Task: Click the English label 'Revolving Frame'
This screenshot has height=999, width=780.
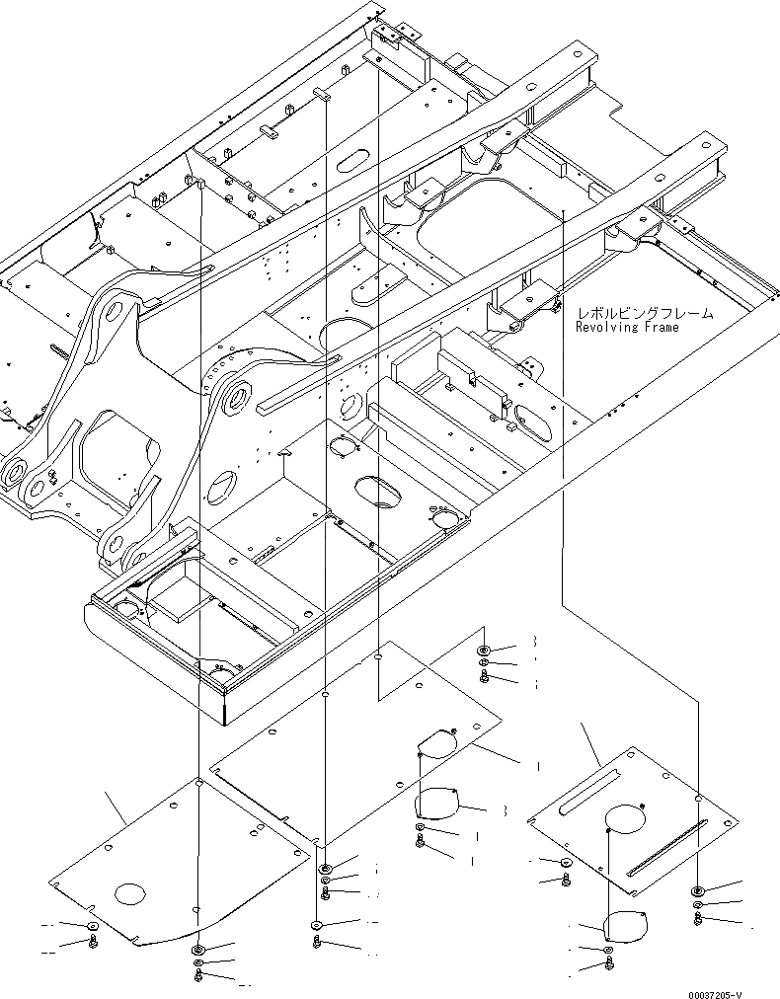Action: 629,327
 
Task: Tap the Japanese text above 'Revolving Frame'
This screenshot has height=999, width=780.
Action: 645,312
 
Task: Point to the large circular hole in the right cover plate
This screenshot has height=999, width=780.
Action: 624,818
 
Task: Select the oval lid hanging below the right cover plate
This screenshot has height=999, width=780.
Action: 623,926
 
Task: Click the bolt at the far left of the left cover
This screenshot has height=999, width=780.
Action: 92,942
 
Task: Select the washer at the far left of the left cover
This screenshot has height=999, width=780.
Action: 92,926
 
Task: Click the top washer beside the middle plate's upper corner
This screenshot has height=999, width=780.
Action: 485,651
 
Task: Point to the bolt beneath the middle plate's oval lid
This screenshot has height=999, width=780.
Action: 422,841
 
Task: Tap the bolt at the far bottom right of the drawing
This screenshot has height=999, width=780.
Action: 698,919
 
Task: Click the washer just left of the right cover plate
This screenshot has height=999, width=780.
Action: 566,864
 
